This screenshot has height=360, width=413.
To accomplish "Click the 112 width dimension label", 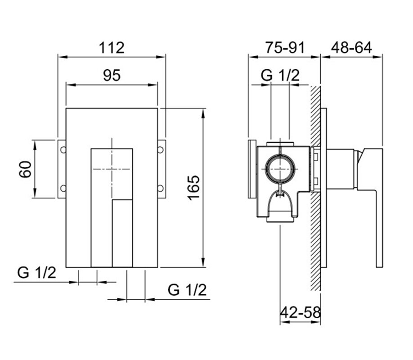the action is tap(112, 48).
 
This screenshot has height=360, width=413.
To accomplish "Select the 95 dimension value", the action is tap(112, 75).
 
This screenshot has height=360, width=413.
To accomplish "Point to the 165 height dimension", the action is tap(194, 188).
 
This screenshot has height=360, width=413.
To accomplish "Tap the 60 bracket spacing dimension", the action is tap(25, 169).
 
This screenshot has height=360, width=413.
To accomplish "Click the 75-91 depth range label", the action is tap(285, 48).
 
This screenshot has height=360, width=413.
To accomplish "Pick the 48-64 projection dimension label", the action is tap(351, 48).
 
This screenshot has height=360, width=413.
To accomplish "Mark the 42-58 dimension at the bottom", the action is tap(300, 313).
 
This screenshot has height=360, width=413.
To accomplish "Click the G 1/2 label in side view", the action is tap(280, 75).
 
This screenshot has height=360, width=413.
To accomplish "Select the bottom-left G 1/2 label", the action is tap(36, 273).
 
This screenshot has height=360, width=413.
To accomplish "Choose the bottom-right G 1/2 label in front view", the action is tap(187, 290).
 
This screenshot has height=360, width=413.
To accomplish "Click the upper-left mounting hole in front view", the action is tap(63, 150).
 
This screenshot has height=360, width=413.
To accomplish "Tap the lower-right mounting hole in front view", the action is tap(161, 188).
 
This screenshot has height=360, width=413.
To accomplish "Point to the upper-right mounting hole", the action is tap(161, 150).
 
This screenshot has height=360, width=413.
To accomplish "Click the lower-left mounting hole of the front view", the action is tap(63, 188).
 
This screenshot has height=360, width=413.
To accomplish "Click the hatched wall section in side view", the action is tap(315, 189).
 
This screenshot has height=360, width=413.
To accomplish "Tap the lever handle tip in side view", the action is tap(379, 265).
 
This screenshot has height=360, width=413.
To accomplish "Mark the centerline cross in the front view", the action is tap(112, 169).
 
